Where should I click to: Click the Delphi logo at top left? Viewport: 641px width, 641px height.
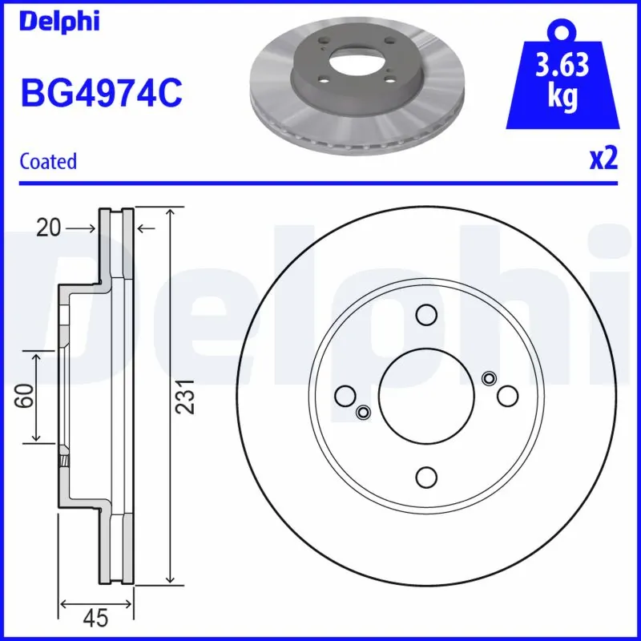point(59,22)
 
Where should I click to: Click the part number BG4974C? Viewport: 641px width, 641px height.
point(101,93)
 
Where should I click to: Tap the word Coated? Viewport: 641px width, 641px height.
point(48,161)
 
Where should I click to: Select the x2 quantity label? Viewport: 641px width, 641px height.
point(603,159)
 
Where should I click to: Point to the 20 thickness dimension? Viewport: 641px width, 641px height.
point(48,229)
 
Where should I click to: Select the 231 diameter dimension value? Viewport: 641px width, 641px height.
point(186,396)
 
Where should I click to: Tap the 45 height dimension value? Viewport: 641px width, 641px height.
point(96,618)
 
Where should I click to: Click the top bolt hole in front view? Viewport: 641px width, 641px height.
point(426,315)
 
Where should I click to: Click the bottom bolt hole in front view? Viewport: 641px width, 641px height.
point(426,475)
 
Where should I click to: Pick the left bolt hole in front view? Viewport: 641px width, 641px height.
point(346,395)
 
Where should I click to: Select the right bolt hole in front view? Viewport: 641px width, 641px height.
point(506,395)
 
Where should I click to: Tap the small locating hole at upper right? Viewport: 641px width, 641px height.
point(490,378)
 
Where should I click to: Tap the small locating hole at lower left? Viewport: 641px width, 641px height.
point(363,412)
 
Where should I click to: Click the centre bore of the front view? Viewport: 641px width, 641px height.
point(426,395)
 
